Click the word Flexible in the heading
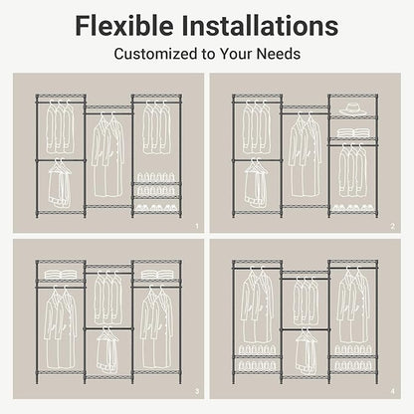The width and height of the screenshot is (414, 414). tap(124, 25)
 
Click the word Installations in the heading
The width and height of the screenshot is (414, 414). tap(260, 25)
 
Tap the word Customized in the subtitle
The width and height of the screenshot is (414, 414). tap(155, 54)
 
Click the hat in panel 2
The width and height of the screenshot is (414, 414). tap(353, 108)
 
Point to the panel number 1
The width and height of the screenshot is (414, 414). tap(197, 226)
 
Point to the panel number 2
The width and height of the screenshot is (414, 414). tap(393, 226)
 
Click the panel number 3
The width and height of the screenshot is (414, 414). tap(197, 392)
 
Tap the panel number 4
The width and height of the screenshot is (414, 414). tap(393, 392)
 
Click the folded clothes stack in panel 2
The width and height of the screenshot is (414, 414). tap(353, 132)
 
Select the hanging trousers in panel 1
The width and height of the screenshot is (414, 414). tap(60, 184)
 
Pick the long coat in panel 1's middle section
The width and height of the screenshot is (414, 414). tap(107, 156)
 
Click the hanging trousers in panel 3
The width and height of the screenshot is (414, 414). tap(107, 351)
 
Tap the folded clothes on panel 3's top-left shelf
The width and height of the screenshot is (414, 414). tap(61, 275)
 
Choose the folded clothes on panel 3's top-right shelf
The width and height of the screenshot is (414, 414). tap(157, 275)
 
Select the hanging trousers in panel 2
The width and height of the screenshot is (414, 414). tap(257, 184)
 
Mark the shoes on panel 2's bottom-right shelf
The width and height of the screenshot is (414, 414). tap(353, 208)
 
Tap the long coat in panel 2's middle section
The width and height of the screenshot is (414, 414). tap(305, 156)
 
